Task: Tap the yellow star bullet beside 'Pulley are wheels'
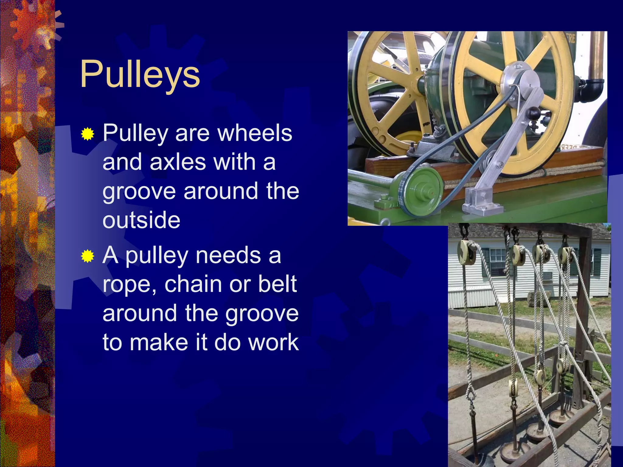pyautogui.click(x=88, y=134)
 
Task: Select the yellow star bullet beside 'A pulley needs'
pyautogui.click(x=88, y=256)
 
